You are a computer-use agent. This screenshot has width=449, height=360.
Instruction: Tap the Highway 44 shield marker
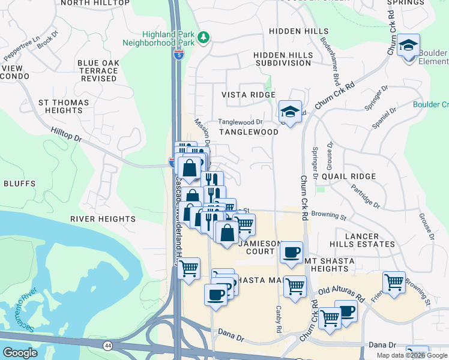[x=107, y=346]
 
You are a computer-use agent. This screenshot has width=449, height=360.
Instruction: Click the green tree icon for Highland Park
[x=204, y=38]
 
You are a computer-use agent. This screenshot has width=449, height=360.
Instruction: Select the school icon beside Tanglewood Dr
[x=290, y=112]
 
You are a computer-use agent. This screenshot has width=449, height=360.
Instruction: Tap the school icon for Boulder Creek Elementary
[x=409, y=45]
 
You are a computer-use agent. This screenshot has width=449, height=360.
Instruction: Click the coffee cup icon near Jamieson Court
[x=291, y=252]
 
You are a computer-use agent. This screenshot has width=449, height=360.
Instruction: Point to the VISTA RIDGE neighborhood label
[x=249, y=95]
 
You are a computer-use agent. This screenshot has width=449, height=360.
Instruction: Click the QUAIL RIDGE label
[x=349, y=176]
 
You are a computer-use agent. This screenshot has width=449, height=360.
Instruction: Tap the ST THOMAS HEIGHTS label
[x=64, y=107]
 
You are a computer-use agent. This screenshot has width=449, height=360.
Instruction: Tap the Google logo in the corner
[x=20, y=352]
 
